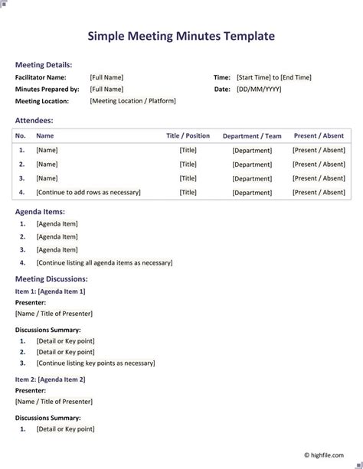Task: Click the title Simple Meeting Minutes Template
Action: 181,36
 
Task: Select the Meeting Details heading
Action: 44,65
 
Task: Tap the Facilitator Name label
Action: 41,77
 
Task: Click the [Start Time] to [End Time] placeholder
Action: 274,77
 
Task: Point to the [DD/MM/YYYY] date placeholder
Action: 259,90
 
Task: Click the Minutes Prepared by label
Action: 47,90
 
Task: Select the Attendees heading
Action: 34,120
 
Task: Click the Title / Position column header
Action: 188,136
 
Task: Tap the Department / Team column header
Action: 252,136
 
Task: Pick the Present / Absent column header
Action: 319,136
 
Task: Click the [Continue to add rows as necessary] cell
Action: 88,193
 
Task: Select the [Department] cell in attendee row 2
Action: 252,164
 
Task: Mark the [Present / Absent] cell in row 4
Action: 319,193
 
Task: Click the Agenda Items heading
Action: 40,211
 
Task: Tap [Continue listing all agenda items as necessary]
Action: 104,263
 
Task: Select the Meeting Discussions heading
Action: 51,279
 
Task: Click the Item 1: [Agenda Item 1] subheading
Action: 50,291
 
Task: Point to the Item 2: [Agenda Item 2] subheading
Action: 50,379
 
